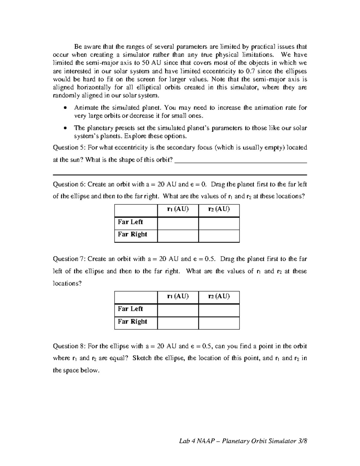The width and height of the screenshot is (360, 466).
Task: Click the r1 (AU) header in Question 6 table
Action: click(178, 209)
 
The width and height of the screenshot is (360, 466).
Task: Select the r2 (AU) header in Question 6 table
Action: click(219, 209)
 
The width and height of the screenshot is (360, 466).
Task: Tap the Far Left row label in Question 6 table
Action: click(130, 222)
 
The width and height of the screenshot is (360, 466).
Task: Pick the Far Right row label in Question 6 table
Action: click(132, 234)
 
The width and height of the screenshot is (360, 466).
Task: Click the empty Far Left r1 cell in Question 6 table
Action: click(178, 224)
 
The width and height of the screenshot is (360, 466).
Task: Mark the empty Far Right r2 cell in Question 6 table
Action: click(219, 236)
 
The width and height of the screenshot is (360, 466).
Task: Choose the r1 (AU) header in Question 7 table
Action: click(178, 296)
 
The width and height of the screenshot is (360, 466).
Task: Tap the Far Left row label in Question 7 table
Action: click(130, 309)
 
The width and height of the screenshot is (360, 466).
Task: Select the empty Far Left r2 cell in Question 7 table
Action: click(219, 310)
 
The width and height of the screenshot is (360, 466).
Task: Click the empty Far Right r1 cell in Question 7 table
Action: click(178, 323)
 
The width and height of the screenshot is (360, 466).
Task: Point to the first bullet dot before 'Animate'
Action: click(65, 108)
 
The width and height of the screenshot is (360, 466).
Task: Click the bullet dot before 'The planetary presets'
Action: click(65, 128)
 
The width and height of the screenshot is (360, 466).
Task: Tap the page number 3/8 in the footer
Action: click(303, 441)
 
